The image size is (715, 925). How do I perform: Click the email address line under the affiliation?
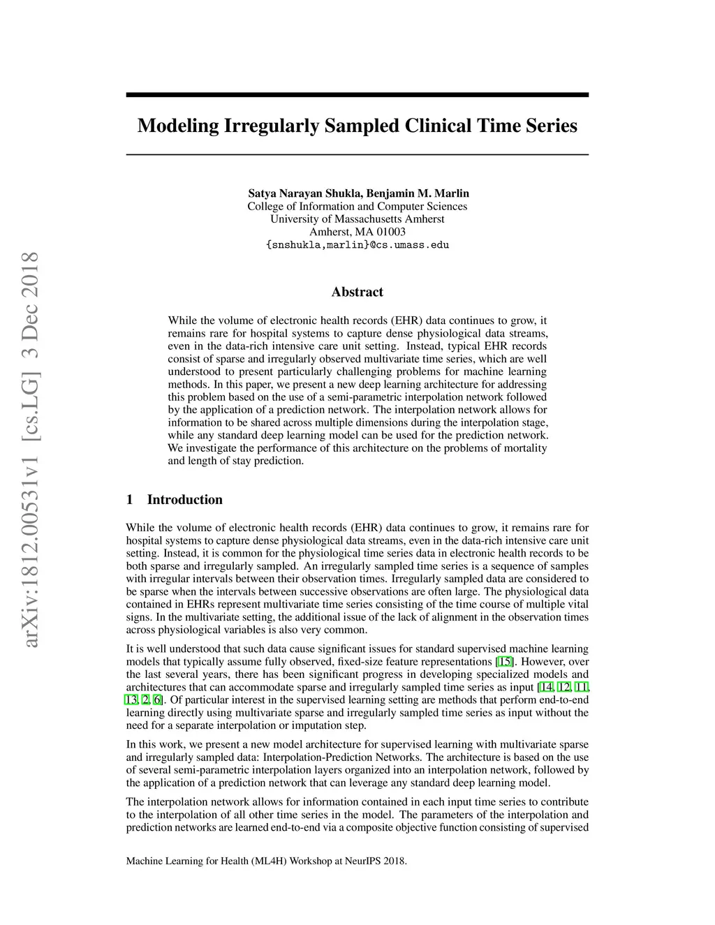[x=357, y=245]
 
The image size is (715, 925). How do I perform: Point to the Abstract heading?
[x=357, y=292]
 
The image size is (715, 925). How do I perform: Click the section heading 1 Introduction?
[x=174, y=499]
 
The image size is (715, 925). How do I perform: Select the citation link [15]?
[x=504, y=662]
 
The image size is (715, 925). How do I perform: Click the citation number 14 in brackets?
[x=546, y=688]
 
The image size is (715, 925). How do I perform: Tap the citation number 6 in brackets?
[x=158, y=700]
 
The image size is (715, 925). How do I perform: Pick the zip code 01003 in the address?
[x=391, y=232]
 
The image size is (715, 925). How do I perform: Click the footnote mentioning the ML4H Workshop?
[x=266, y=861]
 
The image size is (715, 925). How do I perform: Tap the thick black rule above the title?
[x=357, y=95]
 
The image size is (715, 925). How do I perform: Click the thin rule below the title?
[x=357, y=154]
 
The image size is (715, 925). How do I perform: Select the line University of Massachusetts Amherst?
[x=357, y=219]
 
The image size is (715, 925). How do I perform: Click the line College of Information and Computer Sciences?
[x=357, y=206]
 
